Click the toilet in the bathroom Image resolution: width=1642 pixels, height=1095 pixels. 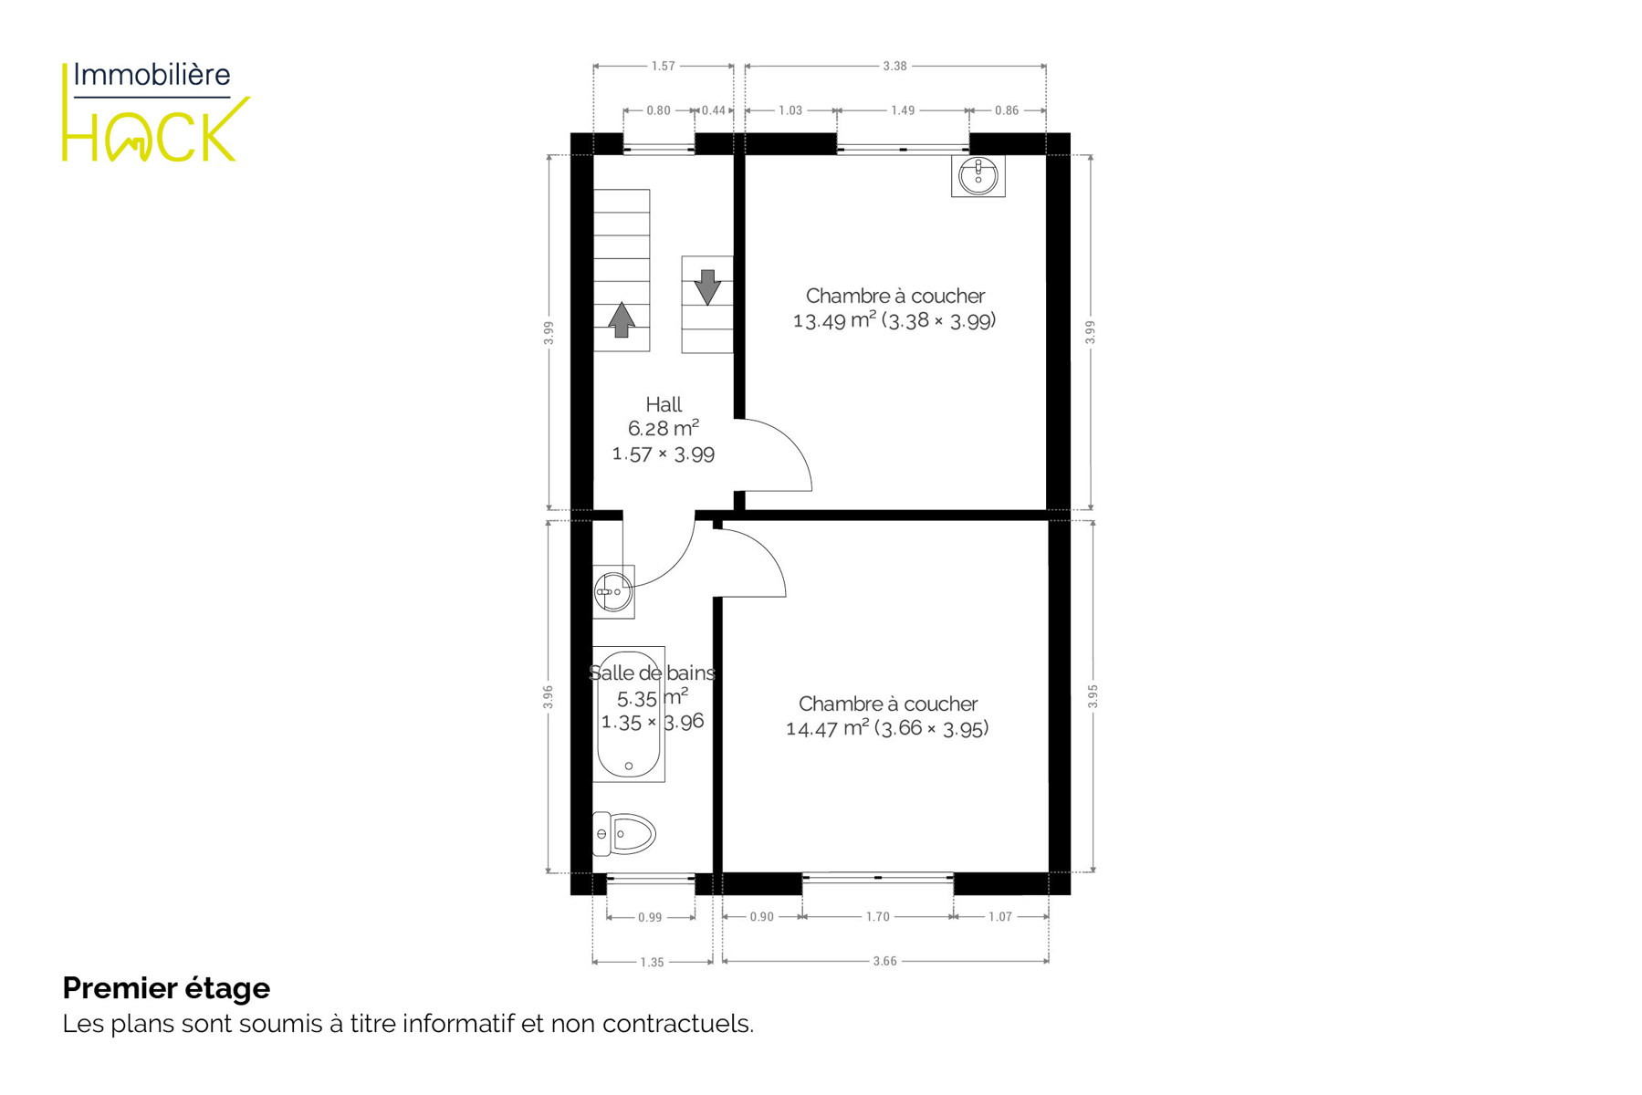(x=624, y=833)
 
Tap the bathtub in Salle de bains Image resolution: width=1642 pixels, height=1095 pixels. (x=629, y=714)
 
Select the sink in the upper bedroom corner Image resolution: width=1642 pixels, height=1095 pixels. (x=978, y=175)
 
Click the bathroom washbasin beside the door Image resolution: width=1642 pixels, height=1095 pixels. (x=613, y=591)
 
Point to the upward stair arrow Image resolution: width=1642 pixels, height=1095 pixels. (x=622, y=320)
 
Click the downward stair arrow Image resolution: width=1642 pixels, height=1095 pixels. (x=707, y=287)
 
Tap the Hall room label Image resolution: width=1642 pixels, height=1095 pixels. (x=664, y=404)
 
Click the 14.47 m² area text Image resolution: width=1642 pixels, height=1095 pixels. (x=827, y=728)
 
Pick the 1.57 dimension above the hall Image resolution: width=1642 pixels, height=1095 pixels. (x=664, y=66)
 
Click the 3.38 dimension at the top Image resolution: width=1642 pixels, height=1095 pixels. (x=895, y=66)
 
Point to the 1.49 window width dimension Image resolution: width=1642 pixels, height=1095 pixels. (x=903, y=110)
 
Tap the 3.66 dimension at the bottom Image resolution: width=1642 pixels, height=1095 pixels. (x=884, y=961)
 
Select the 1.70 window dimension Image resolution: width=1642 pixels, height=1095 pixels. (x=877, y=916)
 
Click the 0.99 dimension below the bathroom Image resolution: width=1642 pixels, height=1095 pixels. (x=650, y=917)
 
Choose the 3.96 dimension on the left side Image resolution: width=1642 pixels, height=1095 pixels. (x=548, y=697)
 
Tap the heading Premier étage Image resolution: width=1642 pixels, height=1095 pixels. (x=166, y=988)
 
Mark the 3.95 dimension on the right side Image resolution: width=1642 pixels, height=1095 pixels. (x=1093, y=696)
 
